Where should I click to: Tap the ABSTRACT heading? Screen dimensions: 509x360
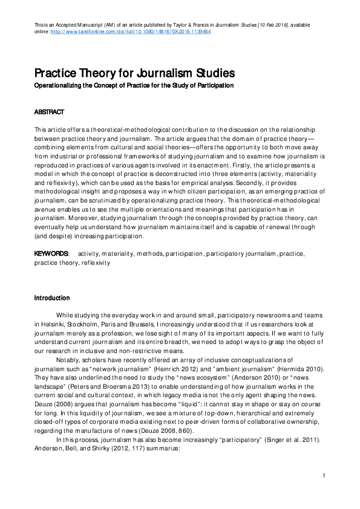(x=49, y=112)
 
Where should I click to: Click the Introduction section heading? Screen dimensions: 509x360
(x=52, y=298)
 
